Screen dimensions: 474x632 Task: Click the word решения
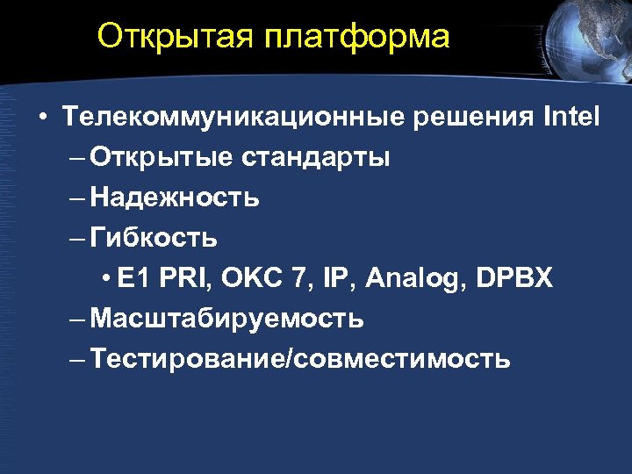pyautogui.click(x=475, y=118)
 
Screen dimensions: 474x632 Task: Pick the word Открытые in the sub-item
pyautogui.click(x=161, y=158)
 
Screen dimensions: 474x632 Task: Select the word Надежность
pyautogui.click(x=174, y=197)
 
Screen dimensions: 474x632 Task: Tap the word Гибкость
pyautogui.click(x=154, y=238)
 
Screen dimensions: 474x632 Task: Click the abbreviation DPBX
pyautogui.click(x=514, y=278)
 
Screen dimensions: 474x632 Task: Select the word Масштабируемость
pyautogui.click(x=226, y=319)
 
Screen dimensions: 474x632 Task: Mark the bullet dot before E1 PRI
pyautogui.click(x=105, y=279)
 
